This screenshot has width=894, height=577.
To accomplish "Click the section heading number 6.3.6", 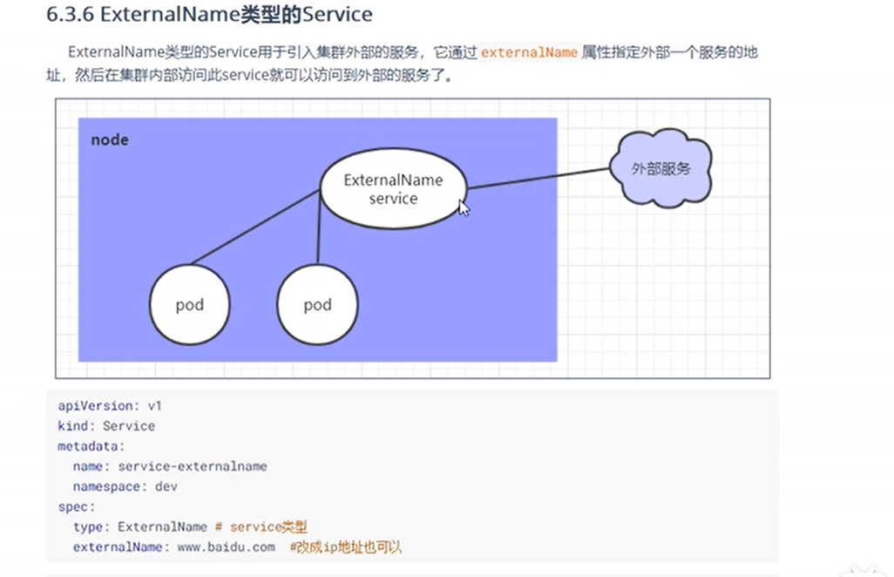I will pyautogui.click(x=70, y=15).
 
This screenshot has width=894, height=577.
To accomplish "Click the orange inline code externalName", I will pyautogui.click(x=529, y=52).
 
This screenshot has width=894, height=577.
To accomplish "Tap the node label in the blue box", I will pyautogui.click(x=110, y=139).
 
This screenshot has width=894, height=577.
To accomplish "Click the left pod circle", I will pyautogui.click(x=189, y=305).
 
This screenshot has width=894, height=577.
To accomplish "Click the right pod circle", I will pyautogui.click(x=317, y=305).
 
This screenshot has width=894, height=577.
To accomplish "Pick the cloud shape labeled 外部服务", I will pyautogui.click(x=661, y=168).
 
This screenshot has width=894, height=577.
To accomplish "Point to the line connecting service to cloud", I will pyautogui.click(x=536, y=178).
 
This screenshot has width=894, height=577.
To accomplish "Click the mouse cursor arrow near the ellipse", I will pyautogui.click(x=464, y=208).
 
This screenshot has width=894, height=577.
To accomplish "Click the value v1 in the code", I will pyautogui.click(x=155, y=406).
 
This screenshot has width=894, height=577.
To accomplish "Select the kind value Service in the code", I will pyautogui.click(x=129, y=426).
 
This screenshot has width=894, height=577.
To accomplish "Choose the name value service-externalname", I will pyautogui.click(x=193, y=466).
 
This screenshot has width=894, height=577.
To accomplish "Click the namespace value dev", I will pyautogui.click(x=166, y=486).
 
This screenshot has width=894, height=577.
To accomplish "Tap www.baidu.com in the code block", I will pyautogui.click(x=226, y=547).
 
